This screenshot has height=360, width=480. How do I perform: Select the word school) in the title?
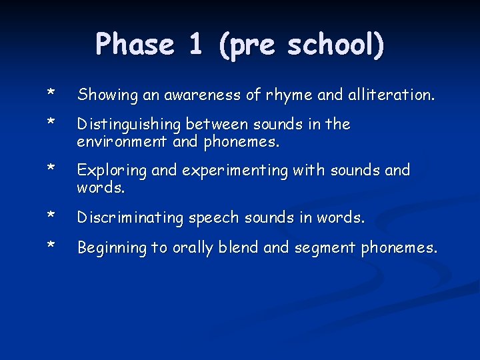tap(336, 45)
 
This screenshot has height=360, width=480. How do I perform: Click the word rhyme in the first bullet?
tap(289, 96)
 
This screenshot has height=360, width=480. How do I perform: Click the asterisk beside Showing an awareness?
tap(50, 94)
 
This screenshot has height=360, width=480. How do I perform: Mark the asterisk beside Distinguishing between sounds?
tap(50, 122)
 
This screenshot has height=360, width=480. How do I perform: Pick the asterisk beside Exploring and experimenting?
tap(50, 168)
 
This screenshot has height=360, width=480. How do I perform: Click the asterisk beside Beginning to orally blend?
tap(50, 245)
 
